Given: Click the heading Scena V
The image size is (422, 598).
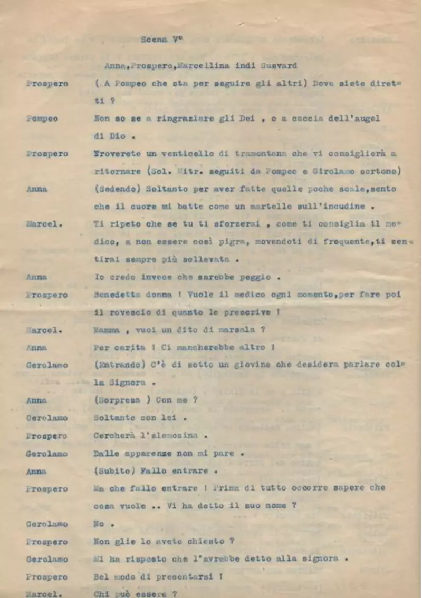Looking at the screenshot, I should pos(161,39).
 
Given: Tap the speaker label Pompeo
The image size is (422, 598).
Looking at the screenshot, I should pos(43,119).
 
